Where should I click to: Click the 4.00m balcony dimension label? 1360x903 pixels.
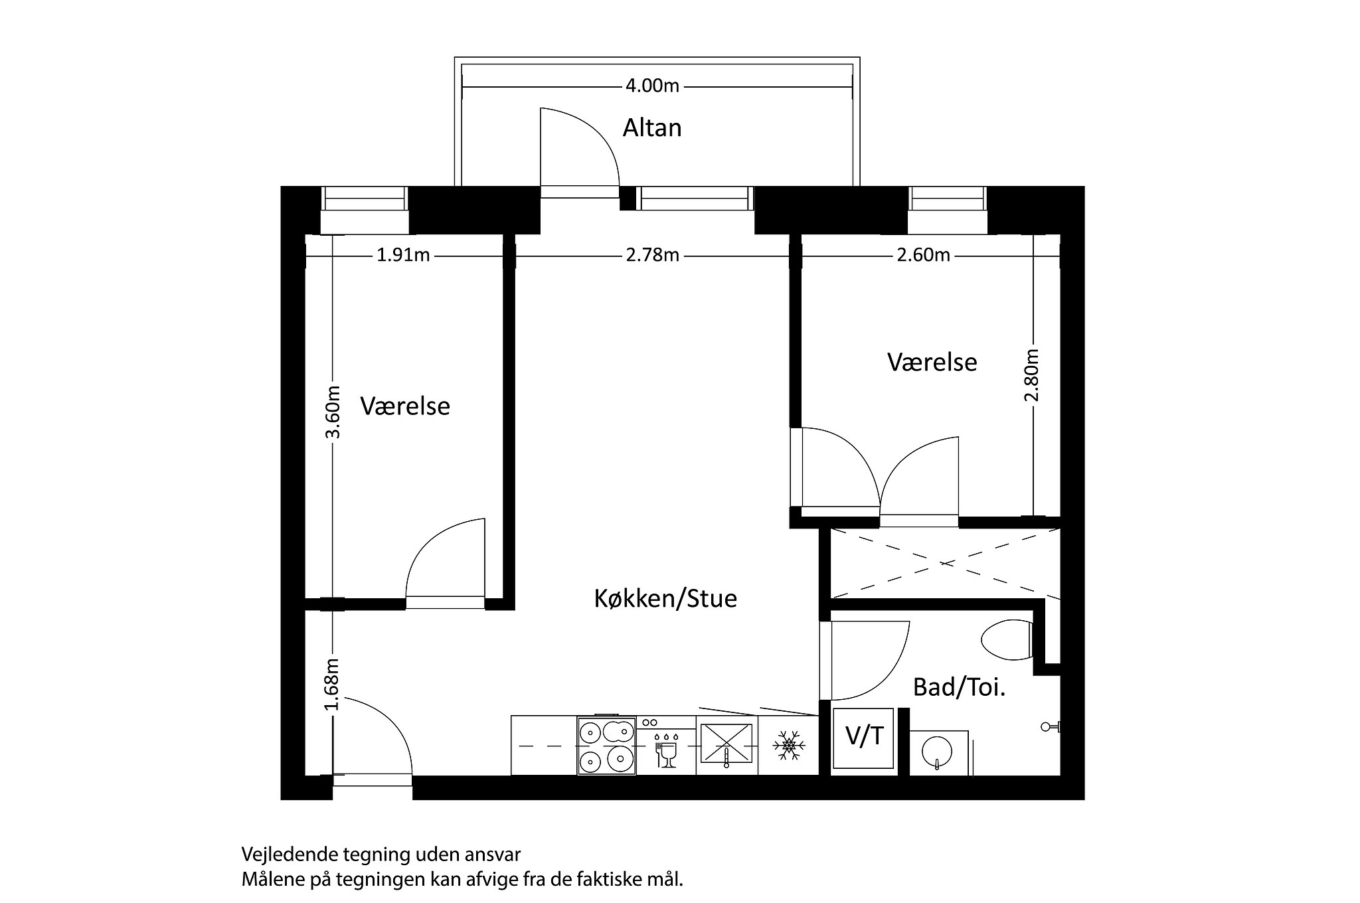click(x=652, y=86)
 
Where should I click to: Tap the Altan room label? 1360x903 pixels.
click(x=651, y=128)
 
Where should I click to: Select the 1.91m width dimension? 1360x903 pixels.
click(x=403, y=256)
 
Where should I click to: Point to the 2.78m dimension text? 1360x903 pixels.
click(x=652, y=256)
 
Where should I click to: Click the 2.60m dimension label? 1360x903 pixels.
click(x=923, y=256)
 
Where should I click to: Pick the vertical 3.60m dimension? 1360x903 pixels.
click(x=333, y=412)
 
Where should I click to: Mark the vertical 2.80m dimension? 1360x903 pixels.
click(x=1032, y=375)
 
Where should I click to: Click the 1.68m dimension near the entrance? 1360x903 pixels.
click(x=333, y=685)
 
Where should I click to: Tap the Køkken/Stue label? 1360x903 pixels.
click(x=665, y=599)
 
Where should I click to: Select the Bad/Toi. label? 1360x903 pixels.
click(x=959, y=687)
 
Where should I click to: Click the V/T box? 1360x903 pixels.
click(x=864, y=736)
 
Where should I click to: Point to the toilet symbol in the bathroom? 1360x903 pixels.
click(x=1006, y=640)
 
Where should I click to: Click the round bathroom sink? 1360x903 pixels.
click(x=936, y=753)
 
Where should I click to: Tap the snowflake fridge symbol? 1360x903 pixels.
click(x=788, y=746)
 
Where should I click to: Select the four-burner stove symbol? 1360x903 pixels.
click(x=606, y=746)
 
